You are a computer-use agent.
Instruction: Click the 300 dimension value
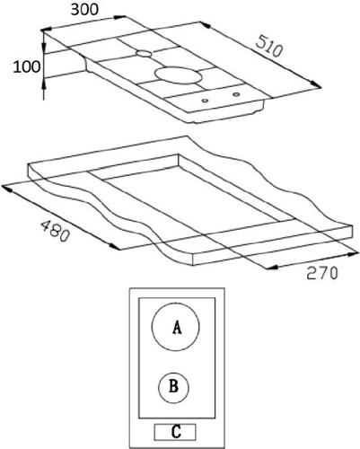point(84,9)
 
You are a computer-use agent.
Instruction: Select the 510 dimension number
point(269,46)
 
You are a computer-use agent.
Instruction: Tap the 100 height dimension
point(27,66)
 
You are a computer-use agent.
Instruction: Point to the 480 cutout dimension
point(55,231)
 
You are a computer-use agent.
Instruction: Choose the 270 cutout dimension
point(322,273)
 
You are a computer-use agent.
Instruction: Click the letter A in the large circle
point(177,327)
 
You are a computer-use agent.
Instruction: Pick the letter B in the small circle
point(173,386)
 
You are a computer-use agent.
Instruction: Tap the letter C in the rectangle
point(176,432)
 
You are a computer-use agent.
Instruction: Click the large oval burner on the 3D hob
point(179,75)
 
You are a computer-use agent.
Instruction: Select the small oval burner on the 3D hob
point(144,54)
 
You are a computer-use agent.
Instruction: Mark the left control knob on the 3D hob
point(205,101)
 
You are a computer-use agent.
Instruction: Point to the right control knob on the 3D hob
point(236,94)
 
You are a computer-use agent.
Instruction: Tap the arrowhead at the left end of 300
point(46,30)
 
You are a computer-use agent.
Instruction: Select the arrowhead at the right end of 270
point(353,255)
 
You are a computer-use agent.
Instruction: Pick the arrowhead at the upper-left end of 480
point(6,188)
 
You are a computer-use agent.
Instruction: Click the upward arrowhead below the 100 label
point(44,83)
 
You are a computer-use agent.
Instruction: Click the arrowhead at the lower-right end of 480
point(115,246)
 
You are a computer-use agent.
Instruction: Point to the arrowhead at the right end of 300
point(120,17)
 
